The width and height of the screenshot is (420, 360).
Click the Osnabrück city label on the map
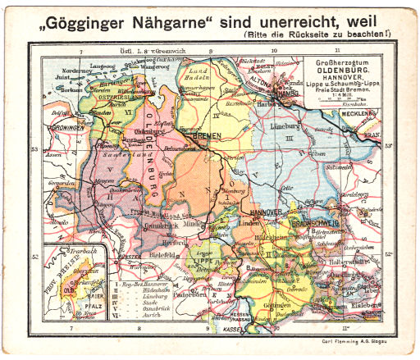pos(154,226)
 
